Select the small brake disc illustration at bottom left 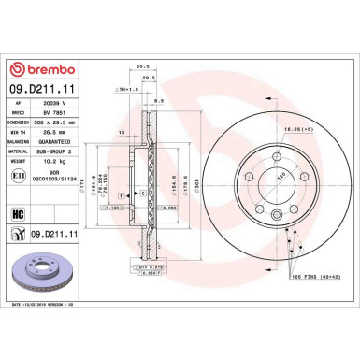[33, 278]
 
